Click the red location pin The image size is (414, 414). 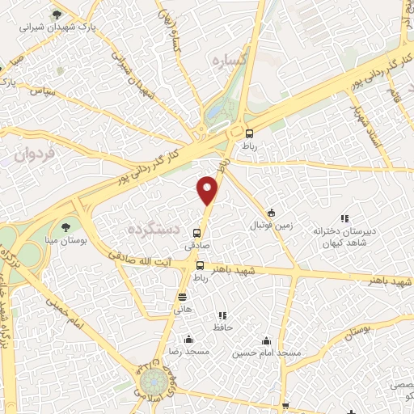click(209, 191)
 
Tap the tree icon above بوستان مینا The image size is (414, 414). click(66, 227)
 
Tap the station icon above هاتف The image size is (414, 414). click(182, 297)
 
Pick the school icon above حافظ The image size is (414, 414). click(222, 315)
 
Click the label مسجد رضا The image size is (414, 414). click(188, 353)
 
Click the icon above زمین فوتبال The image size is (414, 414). click(272, 213)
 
